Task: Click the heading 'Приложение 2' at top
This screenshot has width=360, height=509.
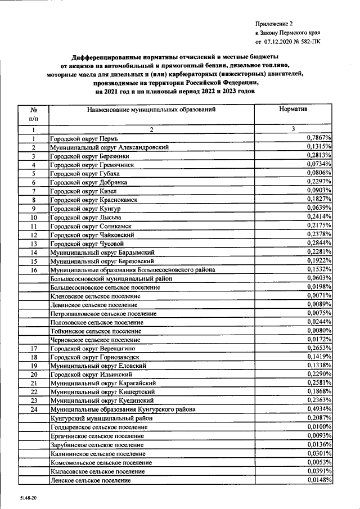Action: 274,24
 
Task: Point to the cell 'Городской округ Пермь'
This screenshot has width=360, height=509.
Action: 84,138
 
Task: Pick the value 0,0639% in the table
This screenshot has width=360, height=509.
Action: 319,208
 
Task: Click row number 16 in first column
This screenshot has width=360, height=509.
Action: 34,270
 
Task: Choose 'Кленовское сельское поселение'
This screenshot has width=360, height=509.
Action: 95,296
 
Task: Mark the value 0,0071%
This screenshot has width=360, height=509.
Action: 319,295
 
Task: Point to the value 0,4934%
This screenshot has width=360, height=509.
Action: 319,409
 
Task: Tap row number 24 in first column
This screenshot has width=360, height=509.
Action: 34,410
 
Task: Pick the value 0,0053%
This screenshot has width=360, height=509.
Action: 319,462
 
